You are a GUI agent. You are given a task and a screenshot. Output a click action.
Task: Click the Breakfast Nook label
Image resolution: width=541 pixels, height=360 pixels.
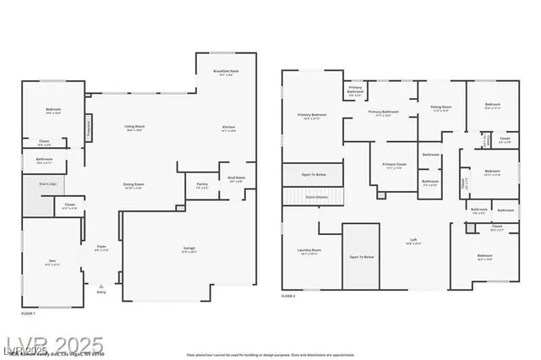point(225,73)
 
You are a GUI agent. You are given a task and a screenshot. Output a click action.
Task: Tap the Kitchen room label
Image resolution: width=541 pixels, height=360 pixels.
point(228,128)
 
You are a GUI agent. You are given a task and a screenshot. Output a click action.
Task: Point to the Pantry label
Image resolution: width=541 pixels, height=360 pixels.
point(202,184)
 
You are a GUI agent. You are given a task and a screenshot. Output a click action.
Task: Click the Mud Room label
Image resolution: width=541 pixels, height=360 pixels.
point(236,178)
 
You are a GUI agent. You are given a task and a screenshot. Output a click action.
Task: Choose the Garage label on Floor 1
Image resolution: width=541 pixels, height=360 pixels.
point(189,248)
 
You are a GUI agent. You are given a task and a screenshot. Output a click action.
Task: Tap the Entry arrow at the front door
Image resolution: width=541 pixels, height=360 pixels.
point(102,286)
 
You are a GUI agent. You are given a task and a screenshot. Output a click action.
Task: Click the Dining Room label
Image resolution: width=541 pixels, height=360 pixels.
point(134,184)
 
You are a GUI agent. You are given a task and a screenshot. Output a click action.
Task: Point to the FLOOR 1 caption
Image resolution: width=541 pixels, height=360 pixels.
point(29,314)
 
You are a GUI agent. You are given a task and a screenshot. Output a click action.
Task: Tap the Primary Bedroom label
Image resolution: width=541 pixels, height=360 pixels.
point(312,116)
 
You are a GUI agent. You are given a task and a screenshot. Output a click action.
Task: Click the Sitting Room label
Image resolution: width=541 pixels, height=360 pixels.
point(441,108)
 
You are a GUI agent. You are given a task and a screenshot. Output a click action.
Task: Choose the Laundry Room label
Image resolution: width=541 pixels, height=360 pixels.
point(310,251)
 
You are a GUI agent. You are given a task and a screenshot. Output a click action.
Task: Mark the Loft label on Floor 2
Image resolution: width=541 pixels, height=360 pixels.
point(414,241)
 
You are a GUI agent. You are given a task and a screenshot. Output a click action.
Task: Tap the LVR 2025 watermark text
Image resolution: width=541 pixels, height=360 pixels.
point(52,345)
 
